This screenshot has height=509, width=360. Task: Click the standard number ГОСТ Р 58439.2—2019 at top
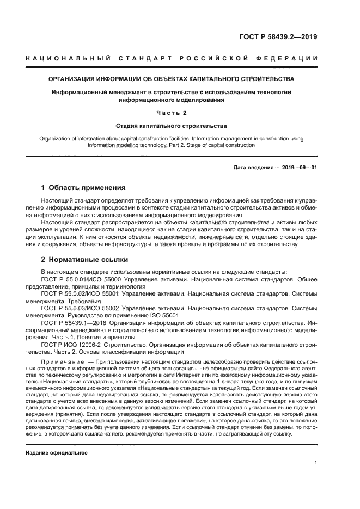coord(278,37)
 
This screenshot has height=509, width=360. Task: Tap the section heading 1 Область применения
coord(83,188)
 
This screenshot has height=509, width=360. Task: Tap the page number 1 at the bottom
coord(316,463)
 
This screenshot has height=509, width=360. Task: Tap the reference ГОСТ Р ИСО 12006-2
coord(72,345)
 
